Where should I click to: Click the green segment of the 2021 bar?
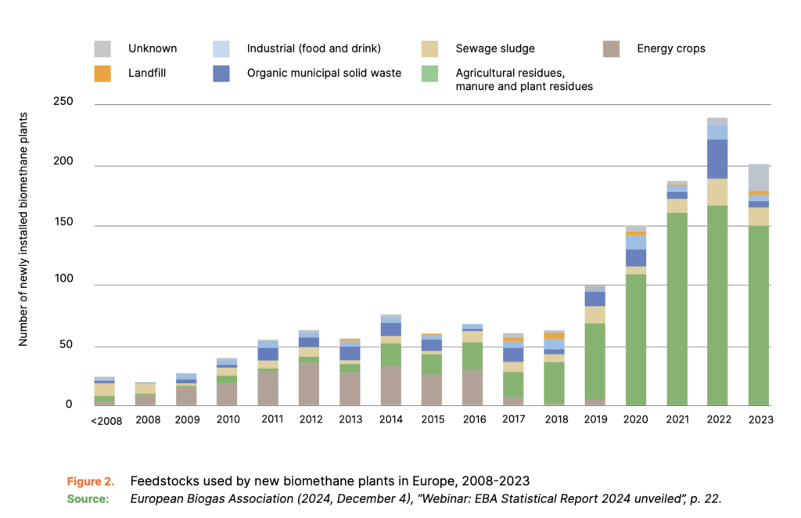677,308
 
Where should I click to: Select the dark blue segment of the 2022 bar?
717,159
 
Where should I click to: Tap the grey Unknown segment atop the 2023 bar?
758,177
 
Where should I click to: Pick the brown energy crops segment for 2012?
309,383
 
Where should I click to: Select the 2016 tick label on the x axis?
472,419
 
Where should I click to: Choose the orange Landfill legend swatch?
103,73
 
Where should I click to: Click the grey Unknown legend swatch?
103,49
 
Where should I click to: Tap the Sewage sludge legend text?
495,49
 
